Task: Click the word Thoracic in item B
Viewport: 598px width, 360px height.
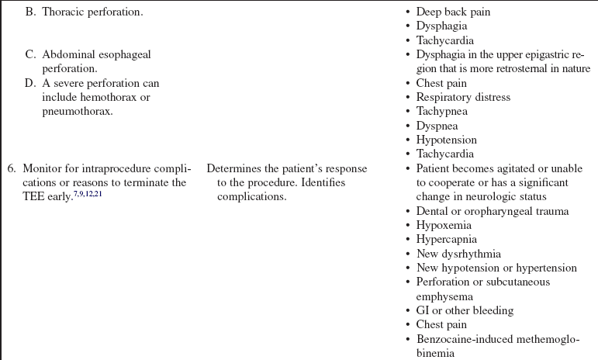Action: click(64, 12)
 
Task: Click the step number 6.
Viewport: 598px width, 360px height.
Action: click(11, 168)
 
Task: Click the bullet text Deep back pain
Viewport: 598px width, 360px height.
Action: click(453, 12)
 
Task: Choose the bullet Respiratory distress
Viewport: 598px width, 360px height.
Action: click(463, 97)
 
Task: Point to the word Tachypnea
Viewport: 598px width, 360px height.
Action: click(442, 111)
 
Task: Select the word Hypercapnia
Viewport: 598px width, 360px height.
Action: click(446, 239)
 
